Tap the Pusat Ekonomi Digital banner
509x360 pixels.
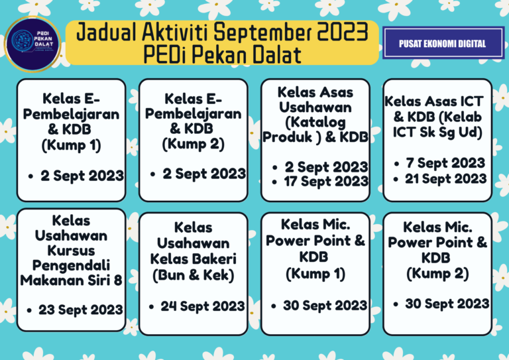pos(442,44)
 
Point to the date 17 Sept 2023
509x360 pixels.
pos(325,181)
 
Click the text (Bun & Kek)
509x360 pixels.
pos(193,273)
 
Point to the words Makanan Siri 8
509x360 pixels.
pos(71,280)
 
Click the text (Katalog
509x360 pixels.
pos(315,123)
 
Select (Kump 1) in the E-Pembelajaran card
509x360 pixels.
pos(71,145)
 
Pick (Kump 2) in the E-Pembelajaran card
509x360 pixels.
pos(193,143)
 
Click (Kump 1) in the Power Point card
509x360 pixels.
pos(315,272)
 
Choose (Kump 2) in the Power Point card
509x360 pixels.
pos(437,272)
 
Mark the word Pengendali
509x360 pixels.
pos(71,265)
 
